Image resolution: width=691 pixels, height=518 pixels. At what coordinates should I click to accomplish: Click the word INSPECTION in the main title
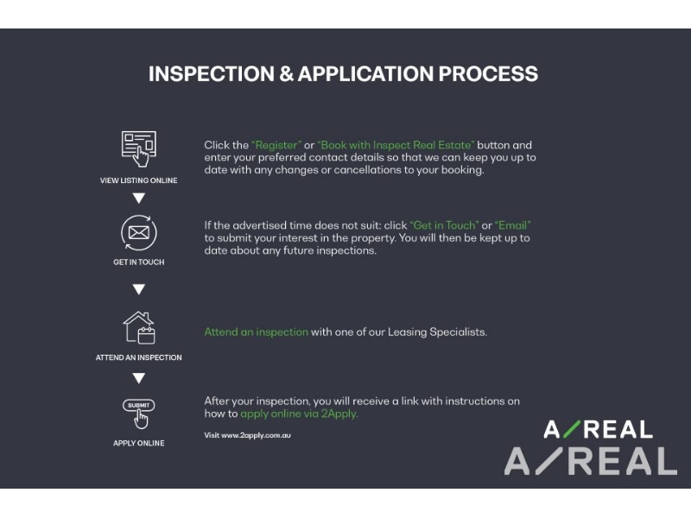click(212, 73)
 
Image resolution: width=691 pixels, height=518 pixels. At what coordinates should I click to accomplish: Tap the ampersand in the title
click(287, 73)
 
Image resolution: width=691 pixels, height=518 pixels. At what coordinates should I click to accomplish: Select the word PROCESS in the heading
click(488, 73)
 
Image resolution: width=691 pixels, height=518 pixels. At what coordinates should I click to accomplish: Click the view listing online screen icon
click(139, 148)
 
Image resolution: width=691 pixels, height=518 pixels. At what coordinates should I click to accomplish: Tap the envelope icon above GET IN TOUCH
click(139, 232)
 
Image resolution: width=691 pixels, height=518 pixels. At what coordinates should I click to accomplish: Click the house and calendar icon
click(139, 328)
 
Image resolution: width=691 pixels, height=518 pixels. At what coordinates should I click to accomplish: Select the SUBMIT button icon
click(139, 414)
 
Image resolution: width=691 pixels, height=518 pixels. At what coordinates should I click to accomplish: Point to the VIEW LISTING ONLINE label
click(139, 180)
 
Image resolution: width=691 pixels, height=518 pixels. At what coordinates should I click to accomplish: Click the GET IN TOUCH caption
click(139, 262)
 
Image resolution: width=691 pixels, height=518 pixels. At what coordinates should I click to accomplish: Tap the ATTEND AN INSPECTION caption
click(139, 357)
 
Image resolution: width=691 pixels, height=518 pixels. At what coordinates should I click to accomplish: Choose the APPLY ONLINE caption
click(139, 443)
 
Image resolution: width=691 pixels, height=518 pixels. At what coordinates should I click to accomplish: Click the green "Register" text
click(276, 145)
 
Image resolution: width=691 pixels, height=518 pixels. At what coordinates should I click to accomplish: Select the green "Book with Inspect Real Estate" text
click(396, 145)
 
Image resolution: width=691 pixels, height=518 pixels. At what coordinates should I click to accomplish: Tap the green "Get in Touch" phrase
click(444, 225)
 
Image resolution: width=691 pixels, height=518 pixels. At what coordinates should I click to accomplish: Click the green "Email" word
click(512, 225)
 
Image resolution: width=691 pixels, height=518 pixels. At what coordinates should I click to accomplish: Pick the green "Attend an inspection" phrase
click(256, 332)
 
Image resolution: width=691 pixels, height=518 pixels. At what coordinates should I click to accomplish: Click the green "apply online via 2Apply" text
click(299, 414)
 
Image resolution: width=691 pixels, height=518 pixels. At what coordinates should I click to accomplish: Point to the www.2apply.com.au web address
click(256, 435)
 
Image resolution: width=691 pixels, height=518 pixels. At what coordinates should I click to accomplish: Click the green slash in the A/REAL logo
click(572, 429)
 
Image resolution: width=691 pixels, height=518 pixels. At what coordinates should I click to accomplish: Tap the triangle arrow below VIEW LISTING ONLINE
click(139, 199)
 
